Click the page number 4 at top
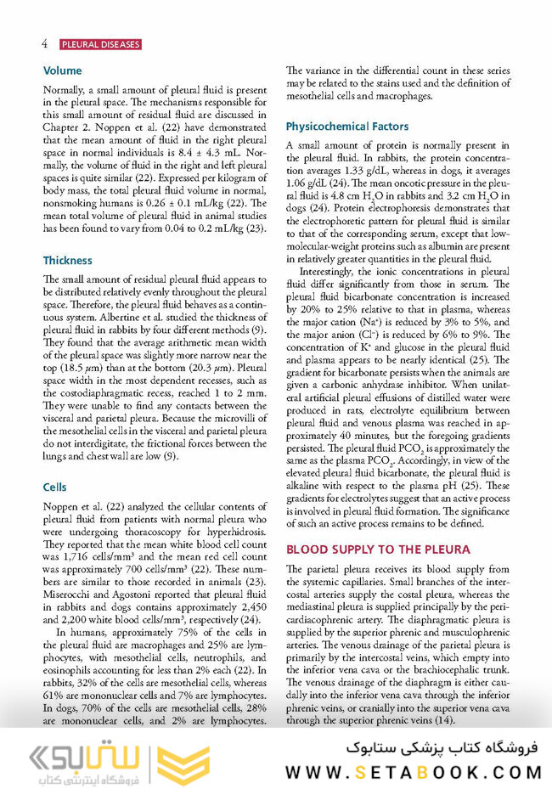(x=43, y=43)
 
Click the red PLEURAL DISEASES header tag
(x=100, y=44)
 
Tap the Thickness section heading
(x=67, y=260)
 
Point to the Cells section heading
(x=55, y=487)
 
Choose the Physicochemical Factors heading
(x=346, y=127)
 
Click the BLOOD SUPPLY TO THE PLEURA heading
(x=377, y=549)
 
